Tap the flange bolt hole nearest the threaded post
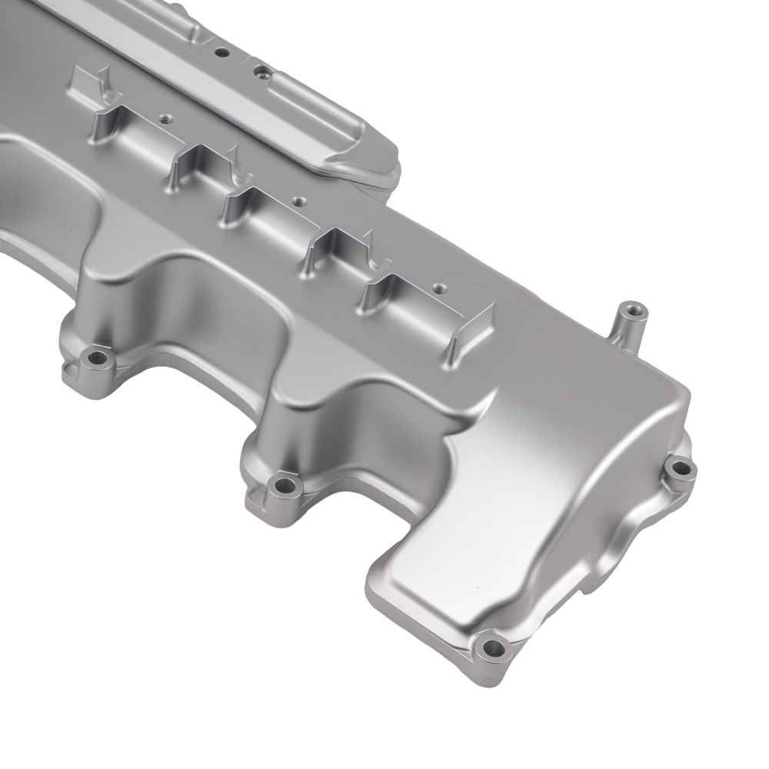680,468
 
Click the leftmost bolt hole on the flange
97,358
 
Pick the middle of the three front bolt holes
285,485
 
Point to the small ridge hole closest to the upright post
438,288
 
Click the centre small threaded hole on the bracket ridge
296,202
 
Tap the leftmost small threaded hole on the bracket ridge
164,119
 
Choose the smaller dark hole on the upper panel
221,53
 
